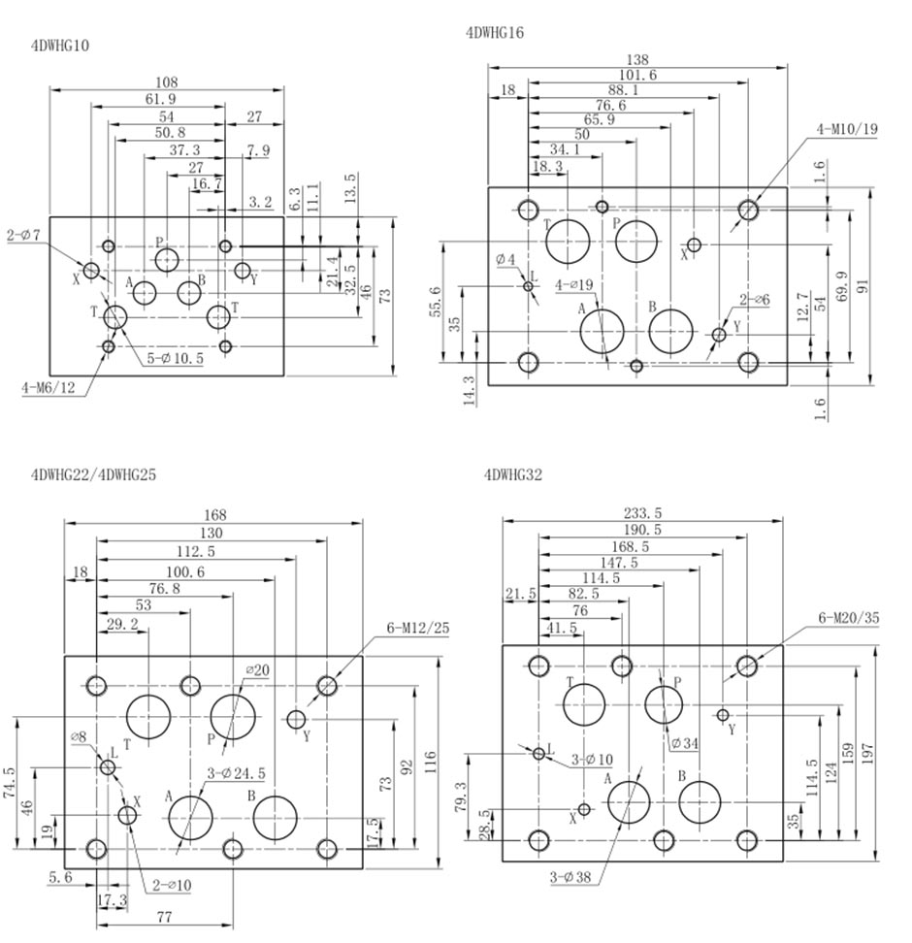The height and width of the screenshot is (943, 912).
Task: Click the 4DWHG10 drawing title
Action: (62, 45)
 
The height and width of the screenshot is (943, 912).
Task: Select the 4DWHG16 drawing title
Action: (495, 32)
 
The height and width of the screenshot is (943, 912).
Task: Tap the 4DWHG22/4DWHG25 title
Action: (93, 475)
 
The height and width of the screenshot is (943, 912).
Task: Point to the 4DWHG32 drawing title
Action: (513, 475)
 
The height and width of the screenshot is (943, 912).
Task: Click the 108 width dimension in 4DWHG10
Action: (167, 82)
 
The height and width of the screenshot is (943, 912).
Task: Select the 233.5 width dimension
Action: (641, 513)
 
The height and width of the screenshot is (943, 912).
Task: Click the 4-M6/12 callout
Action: (48, 389)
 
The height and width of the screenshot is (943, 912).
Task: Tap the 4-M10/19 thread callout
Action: (847, 128)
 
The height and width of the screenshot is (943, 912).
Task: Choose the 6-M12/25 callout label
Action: (419, 628)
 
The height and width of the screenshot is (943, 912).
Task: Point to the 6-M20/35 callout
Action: (849, 618)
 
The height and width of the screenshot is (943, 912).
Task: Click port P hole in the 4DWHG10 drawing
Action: (167, 259)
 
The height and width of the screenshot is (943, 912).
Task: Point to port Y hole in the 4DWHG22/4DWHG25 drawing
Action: (297, 719)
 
